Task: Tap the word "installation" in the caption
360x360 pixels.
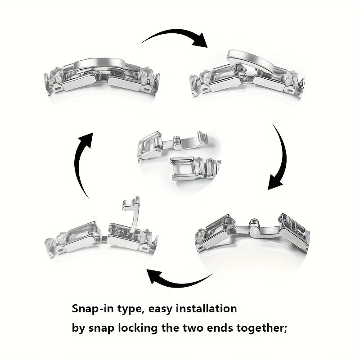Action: pos(206,308)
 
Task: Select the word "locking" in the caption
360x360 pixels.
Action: pos(138,328)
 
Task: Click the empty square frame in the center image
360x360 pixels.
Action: pos(183,169)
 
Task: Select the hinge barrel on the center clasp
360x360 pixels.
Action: pos(177,141)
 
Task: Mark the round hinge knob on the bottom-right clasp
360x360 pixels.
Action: pos(253,222)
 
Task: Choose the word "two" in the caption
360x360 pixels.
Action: pos(193,328)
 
